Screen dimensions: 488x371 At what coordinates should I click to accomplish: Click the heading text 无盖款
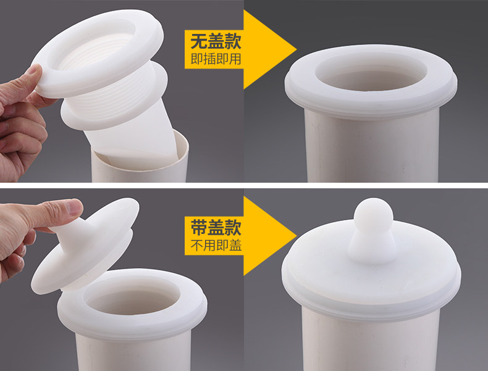pos(216,42)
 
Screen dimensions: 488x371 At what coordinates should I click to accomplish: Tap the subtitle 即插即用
pos(216,59)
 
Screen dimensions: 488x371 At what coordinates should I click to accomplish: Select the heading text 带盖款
pos(216,228)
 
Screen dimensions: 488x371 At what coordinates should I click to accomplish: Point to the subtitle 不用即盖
pos(216,246)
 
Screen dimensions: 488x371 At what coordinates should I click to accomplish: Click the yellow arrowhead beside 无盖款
pos(269,49)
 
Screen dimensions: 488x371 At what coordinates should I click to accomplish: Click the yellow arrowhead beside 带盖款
pos(269,236)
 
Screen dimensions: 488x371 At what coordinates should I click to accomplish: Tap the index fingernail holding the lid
pos(74,206)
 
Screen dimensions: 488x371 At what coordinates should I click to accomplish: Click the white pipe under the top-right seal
pos(373,146)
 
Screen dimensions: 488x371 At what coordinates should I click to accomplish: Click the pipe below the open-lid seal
pos(133,351)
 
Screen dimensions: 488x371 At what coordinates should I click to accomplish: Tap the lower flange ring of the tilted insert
pos(115,102)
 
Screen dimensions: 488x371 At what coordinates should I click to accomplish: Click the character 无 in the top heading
pos(199,42)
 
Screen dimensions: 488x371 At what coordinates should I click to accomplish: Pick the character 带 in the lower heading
pos(199,228)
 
